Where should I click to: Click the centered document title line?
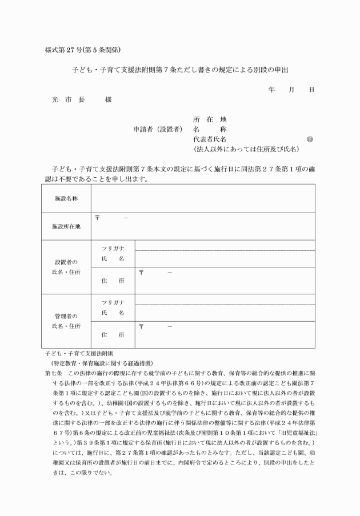180,70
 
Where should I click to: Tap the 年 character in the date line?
271,90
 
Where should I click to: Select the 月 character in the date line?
291,90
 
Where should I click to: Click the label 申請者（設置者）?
158,129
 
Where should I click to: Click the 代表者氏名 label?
210,139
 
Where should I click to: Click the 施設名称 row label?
66,198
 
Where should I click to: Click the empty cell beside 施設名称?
202,198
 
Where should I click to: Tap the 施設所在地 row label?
66,226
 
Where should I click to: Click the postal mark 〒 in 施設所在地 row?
97,218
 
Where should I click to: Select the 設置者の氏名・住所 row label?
66,267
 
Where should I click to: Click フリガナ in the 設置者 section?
113,247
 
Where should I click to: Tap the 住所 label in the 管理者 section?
113,334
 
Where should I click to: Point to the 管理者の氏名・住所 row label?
66,321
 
